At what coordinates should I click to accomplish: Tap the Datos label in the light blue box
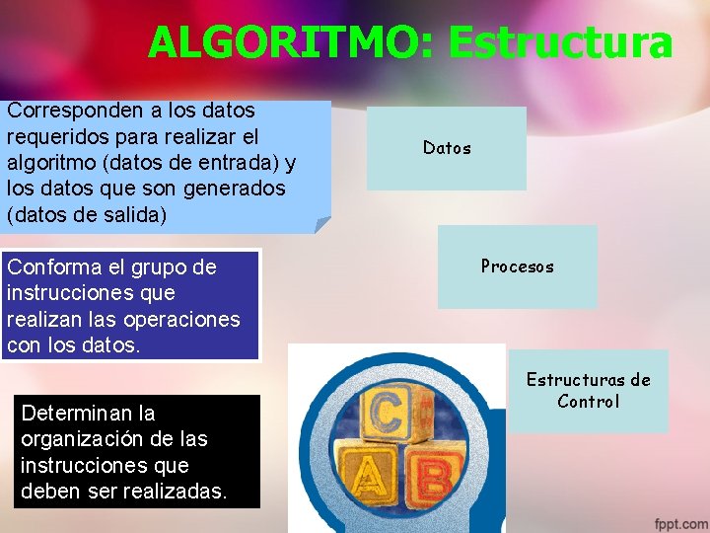(x=447, y=148)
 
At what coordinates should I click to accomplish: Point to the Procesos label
(x=517, y=266)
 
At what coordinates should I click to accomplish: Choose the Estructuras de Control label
(x=588, y=390)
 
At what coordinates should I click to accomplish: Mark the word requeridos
(x=59, y=136)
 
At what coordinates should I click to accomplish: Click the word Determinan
(x=73, y=413)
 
